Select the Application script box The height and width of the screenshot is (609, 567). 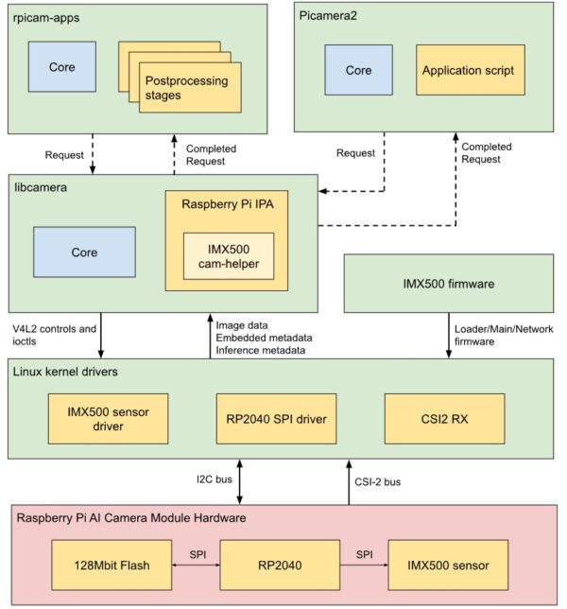point(470,70)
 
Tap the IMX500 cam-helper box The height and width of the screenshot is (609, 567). point(228,255)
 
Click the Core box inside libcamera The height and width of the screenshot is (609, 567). point(84,253)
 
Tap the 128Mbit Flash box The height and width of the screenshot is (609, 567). point(99,565)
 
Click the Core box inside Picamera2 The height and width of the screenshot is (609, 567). point(358,70)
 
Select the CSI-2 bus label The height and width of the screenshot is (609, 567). point(379,481)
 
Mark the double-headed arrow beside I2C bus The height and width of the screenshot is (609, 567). point(241,481)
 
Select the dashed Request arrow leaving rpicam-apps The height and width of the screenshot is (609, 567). point(93,154)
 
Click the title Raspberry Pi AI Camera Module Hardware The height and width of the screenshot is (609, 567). point(131,517)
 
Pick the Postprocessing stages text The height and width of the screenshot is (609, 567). point(186,88)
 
